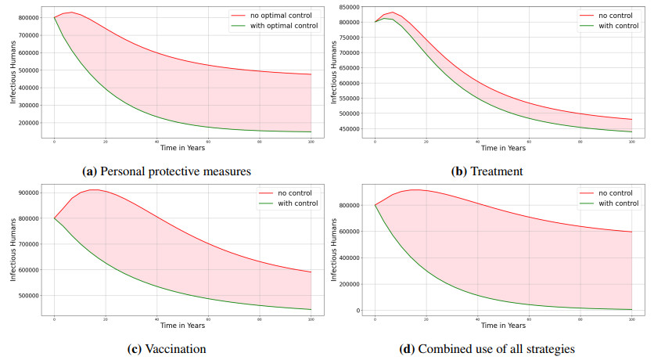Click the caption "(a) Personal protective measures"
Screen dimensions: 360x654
(x=167, y=169)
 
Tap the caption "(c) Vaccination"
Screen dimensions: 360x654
(x=166, y=347)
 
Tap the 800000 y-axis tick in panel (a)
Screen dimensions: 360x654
(x=27, y=17)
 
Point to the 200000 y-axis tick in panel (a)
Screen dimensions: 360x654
(x=27, y=123)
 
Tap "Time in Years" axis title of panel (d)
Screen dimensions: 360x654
(x=503, y=326)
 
